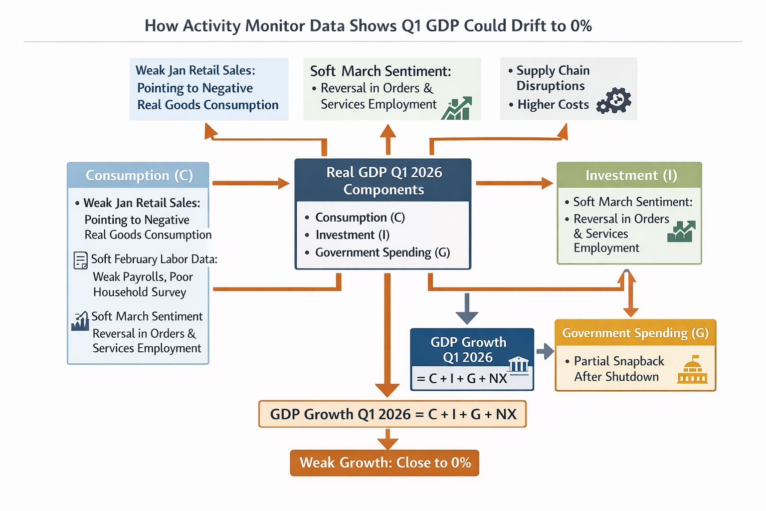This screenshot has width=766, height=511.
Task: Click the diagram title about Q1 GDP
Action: tap(368, 26)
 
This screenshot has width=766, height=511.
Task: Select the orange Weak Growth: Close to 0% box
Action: tap(384, 463)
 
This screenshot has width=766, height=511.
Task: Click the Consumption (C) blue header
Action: tap(138, 175)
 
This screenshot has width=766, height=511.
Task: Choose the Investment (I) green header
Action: tap(629, 175)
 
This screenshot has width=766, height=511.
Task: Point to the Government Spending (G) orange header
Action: tap(635, 333)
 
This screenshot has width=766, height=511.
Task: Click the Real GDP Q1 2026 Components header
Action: tap(383, 181)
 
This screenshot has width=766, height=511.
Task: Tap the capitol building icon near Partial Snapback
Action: tap(692, 370)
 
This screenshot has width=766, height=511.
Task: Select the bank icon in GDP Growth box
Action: tap(519, 365)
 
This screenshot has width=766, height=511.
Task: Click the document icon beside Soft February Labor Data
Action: tap(80, 260)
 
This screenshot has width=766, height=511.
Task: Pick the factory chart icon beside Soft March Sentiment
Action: tap(80, 321)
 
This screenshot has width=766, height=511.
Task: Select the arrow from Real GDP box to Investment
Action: tap(514, 183)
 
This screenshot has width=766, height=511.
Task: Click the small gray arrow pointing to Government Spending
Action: tap(545, 351)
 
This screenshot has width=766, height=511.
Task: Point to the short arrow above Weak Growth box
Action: tap(387, 439)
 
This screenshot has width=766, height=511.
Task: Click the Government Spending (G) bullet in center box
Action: tap(382, 253)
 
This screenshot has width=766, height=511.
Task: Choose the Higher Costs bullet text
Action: tap(553, 105)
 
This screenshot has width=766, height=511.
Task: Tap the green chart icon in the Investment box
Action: tap(681, 232)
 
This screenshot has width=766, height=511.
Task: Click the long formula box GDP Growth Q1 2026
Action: tap(392, 414)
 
